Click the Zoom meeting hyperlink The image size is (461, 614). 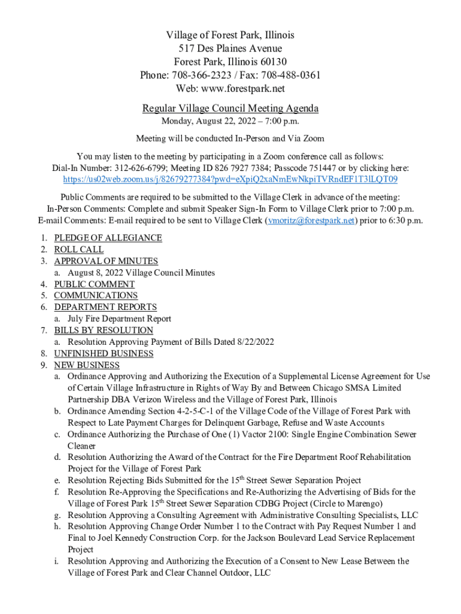tap(230, 179)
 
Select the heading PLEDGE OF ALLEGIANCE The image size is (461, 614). tap(108, 238)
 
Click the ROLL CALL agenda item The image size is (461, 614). tap(78, 249)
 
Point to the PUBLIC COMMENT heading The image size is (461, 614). tap(94, 284)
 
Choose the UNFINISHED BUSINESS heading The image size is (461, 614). tap(104, 354)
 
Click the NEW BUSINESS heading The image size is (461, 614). tap(87, 365)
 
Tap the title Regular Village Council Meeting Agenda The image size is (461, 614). tap(230, 109)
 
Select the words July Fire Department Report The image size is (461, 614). tap(119, 319)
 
